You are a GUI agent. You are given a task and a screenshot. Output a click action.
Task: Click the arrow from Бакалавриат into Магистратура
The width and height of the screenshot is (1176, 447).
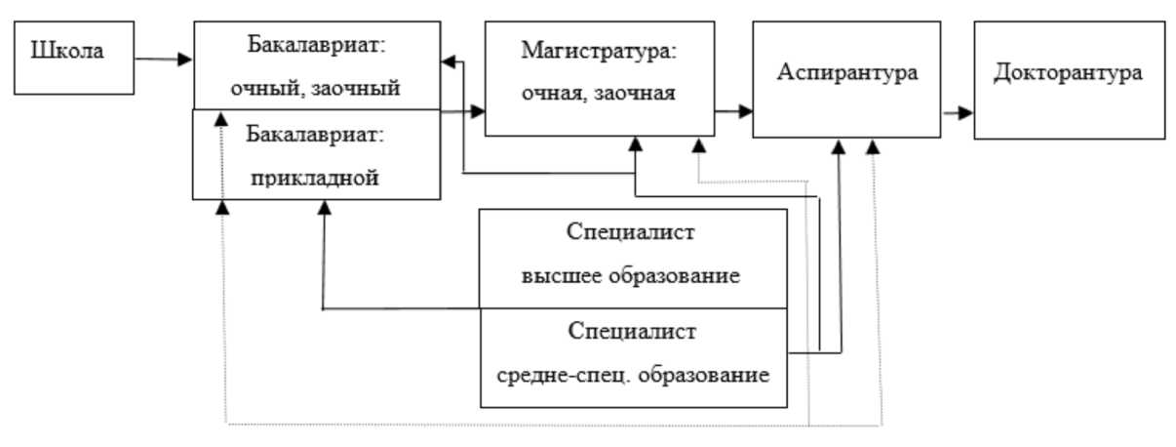(x=462, y=112)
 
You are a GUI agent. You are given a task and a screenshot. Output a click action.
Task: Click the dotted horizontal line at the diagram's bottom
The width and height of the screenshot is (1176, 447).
(x=546, y=425)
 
